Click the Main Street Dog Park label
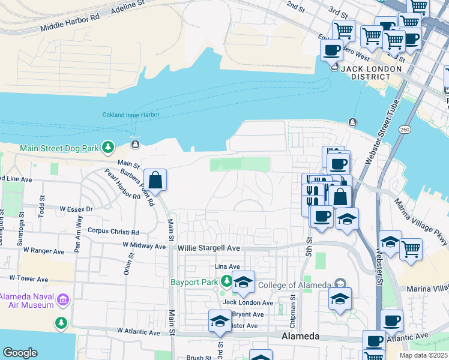(x=59, y=148)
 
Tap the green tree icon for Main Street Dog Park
(x=107, y=147)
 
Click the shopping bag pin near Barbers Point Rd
(x=155, y=179)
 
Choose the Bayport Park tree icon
(x=226, y=281)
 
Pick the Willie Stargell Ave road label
(x=208, y=247)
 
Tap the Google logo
(x=20, y=353)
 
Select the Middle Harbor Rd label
(x=70, y=23)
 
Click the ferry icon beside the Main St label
(x=135, y=145)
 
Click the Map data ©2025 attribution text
(x=423, y=355)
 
